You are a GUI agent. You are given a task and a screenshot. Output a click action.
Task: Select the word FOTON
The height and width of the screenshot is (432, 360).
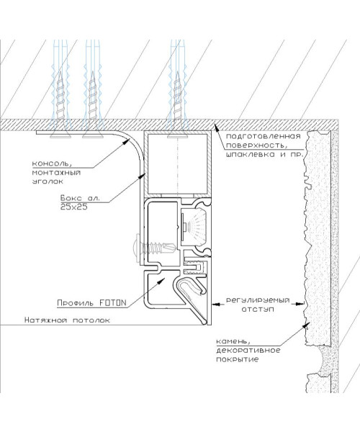tap(112, 303)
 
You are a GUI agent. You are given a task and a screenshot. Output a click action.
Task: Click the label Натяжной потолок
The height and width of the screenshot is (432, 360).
tap(67, 320)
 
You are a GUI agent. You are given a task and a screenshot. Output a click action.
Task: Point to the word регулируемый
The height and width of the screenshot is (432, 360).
tap(258, 300)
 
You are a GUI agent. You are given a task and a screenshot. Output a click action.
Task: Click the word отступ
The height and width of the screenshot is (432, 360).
tap(258, 309)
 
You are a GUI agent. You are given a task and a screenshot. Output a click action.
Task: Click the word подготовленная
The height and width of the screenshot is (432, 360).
tap(263, 136)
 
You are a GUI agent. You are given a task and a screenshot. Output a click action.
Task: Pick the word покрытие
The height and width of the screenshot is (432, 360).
tap(238, 359)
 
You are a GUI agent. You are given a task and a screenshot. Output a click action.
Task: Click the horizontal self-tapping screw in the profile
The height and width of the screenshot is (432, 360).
tap(155, 248)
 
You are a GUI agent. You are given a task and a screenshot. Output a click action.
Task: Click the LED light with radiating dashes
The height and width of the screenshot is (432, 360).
tap(194, 222)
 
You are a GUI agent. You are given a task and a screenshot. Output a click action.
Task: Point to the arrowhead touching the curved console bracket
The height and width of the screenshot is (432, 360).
tap(127, 142)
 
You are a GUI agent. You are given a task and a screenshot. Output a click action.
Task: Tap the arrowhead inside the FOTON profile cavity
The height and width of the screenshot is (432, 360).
tap(161, 281)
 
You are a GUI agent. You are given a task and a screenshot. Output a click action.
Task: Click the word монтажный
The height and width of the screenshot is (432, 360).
tap(56, 173)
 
